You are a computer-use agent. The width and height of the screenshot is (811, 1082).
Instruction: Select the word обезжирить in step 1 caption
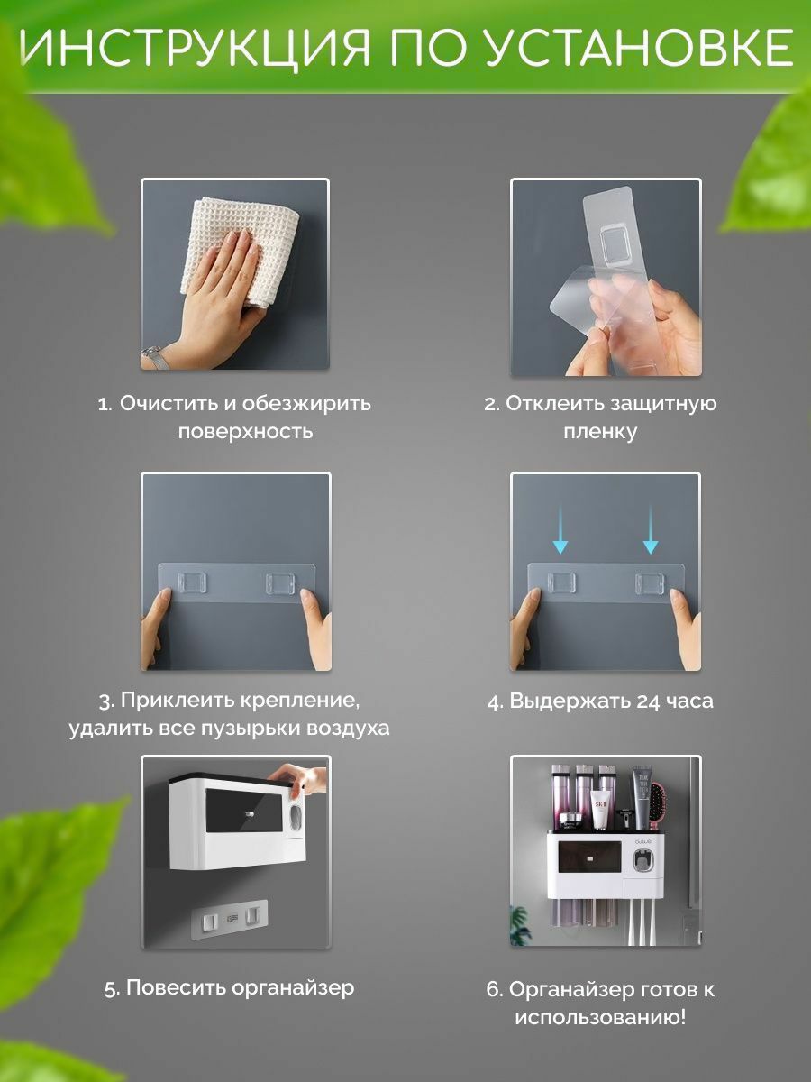(306, 403)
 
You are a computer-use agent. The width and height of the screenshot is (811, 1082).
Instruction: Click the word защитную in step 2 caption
(663, 404)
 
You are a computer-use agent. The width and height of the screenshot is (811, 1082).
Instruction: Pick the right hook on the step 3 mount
(279, 583)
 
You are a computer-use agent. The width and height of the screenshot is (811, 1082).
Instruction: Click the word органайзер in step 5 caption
(293, 988)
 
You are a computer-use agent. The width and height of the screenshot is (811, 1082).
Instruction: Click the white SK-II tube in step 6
(599, 811)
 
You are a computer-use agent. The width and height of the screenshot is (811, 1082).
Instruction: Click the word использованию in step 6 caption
(600, 1017)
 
